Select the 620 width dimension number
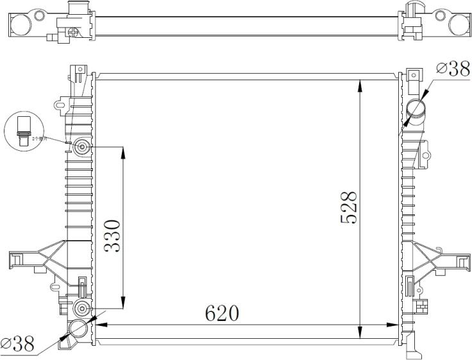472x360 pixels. pyautogui.click(x=222, y=314)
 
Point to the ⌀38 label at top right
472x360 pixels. pyautogui.click(x=453, y=69)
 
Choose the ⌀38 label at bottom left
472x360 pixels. pyautogui.click(x=18, y=344)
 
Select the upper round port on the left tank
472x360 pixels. pyautogui.click(x=83, y=148)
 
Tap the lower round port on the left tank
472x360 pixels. pyautogui.click(x=83, y=307)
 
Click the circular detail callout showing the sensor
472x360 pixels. pyautogui.click(x=24, y=130)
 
